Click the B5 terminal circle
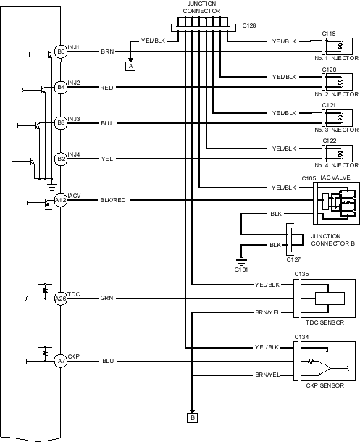point(61,51)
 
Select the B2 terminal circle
point(61,159)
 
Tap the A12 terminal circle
point(61,200)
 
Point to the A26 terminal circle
point(61,299)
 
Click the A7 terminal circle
point(61,361)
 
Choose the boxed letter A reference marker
point(130,66)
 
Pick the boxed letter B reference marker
point(193,417)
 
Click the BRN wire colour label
point(107,51)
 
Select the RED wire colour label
point(106,88)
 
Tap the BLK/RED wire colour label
point(113,200)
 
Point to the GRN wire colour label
point(106,299)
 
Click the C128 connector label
point(249,25)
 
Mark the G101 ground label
point(241,270)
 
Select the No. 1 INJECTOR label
point(337,58)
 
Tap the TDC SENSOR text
point(325,322)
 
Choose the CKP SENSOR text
point(325,385)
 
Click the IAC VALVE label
point(335,178)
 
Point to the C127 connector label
point(293,259)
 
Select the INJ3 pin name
point(74,119)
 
